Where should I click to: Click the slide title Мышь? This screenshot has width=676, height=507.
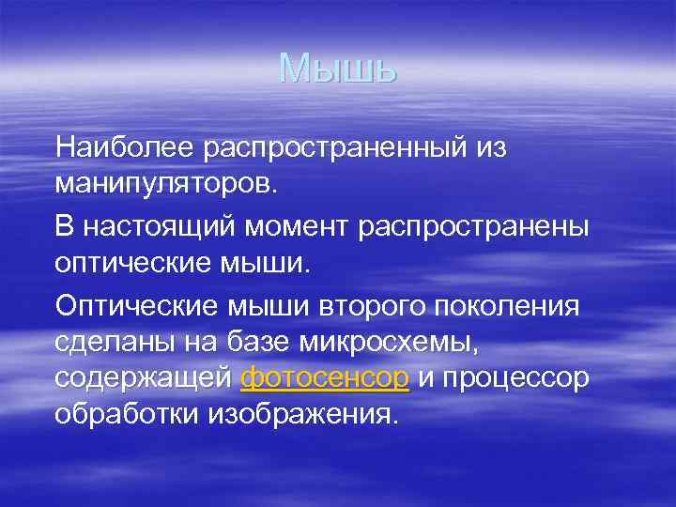pos(338,69)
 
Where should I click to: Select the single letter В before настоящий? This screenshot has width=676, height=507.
pos(64,226)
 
